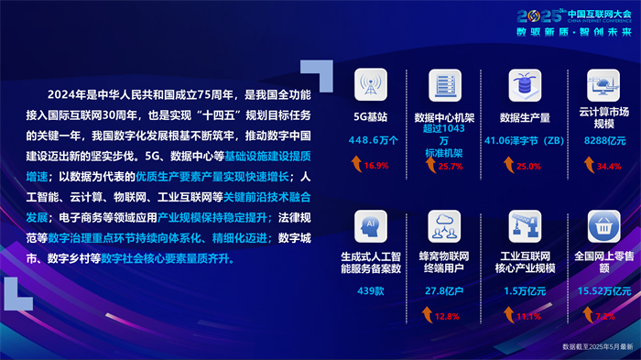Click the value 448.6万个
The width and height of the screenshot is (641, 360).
pyautogui.click(x=373, y=140)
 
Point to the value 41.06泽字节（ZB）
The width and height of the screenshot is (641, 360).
pyautogui.click(x=526, y=140)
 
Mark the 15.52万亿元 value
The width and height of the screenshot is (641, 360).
pyautogui.click(x=603, y=290)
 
